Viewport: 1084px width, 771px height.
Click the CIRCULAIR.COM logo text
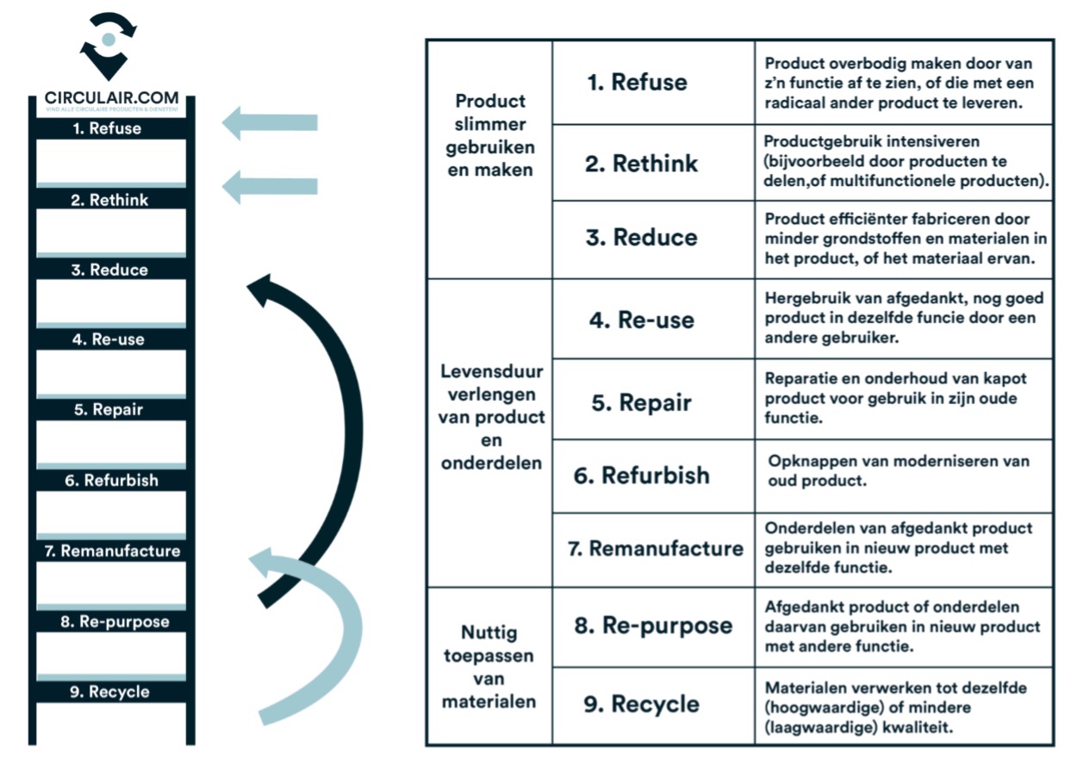pos(111,98)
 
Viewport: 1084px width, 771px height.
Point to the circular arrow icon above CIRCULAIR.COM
pos(108,43)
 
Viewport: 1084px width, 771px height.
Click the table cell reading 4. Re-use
pos(654,320)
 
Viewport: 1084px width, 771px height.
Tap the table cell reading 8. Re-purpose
pos(653,625)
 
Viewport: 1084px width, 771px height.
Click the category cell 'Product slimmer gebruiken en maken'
pos(489,135)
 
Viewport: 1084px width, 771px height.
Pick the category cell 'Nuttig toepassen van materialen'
pos(489,667)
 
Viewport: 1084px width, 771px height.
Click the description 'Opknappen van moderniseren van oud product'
pos(898,470)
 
